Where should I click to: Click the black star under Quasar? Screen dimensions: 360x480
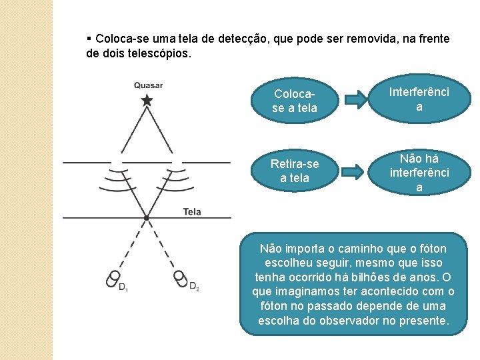pos(147,100)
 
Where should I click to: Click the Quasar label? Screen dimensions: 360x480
pos(148,85)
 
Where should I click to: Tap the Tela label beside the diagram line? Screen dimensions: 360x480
pos(192,212)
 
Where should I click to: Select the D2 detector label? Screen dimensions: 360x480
pos(194,287)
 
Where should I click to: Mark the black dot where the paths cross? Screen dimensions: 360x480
pos(147,218)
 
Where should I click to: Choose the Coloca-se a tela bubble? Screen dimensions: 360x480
pos(295,101)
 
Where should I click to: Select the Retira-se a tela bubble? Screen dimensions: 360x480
pos(294,171)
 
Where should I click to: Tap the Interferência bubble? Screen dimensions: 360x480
pos(419,99)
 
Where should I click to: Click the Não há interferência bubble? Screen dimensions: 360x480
pos(419,173)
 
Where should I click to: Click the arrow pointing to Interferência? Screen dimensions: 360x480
pos(355,100)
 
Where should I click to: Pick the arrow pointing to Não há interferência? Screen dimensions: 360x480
pos(355,172)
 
